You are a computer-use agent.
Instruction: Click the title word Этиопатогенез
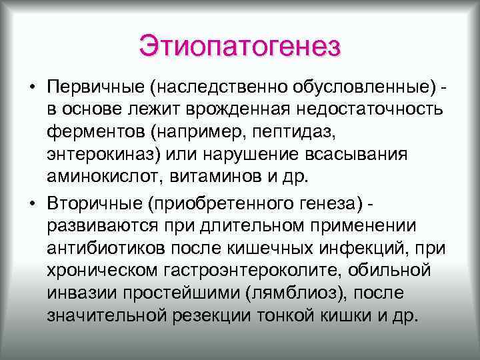[240, 46]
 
